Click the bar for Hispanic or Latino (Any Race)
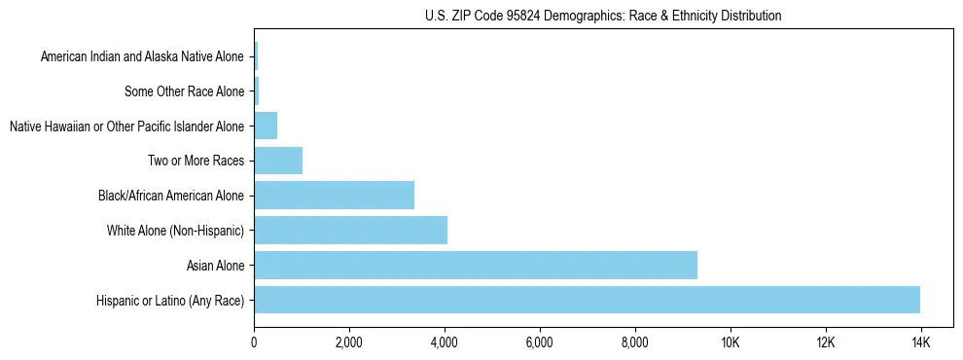click(x=587, y=300)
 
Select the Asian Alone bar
click(x=476, y=265)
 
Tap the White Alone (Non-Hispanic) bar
click(x=350, y=230)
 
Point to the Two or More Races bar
click(x=278, y=160)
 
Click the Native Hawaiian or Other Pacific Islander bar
click(x=266, y=126)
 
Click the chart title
click(x=603, y=16)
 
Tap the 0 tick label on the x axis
click(x=254, y=342)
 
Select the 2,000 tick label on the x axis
click(x=348, y=342)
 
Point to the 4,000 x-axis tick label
click(x=444, y=342)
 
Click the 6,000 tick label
click(x=539, y=342)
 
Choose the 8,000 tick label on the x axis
click(x=634, y=342)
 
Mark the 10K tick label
click(x=730, y=342)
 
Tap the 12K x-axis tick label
click(x=825, y=342)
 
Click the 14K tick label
click(x=920, y=342)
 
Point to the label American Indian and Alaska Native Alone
click(x=142, y=56)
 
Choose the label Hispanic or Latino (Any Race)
click(x=170, y=301)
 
